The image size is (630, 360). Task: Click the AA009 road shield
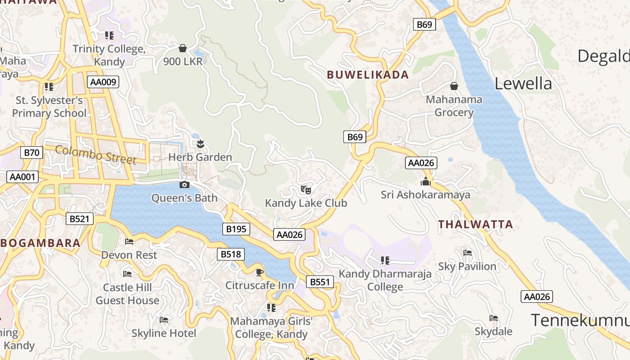(103, 82)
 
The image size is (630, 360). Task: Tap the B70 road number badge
(31, 153)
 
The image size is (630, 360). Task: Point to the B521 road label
(80, 219)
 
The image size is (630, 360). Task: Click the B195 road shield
(236, 229)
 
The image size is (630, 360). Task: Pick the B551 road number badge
(320, 282)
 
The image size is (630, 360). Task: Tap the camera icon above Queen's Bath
(184, 184)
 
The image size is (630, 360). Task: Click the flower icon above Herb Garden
(200, 144)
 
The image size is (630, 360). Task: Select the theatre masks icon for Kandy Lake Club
(306, 189)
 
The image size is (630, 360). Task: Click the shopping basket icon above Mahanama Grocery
(454, 86)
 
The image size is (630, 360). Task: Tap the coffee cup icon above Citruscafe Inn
(260, 272)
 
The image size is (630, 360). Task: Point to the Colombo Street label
(95, 154)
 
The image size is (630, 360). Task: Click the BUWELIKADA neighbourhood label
(368, 75)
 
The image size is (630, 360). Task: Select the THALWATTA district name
(475, 224)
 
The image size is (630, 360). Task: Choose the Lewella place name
(523, 84)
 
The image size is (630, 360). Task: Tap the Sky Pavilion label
(467, 266)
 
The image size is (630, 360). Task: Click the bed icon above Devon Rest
(129, 242)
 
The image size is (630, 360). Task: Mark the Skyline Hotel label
(164, 333)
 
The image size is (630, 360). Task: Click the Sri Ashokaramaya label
(425, 195)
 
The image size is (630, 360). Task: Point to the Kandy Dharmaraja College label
(385, 280)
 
